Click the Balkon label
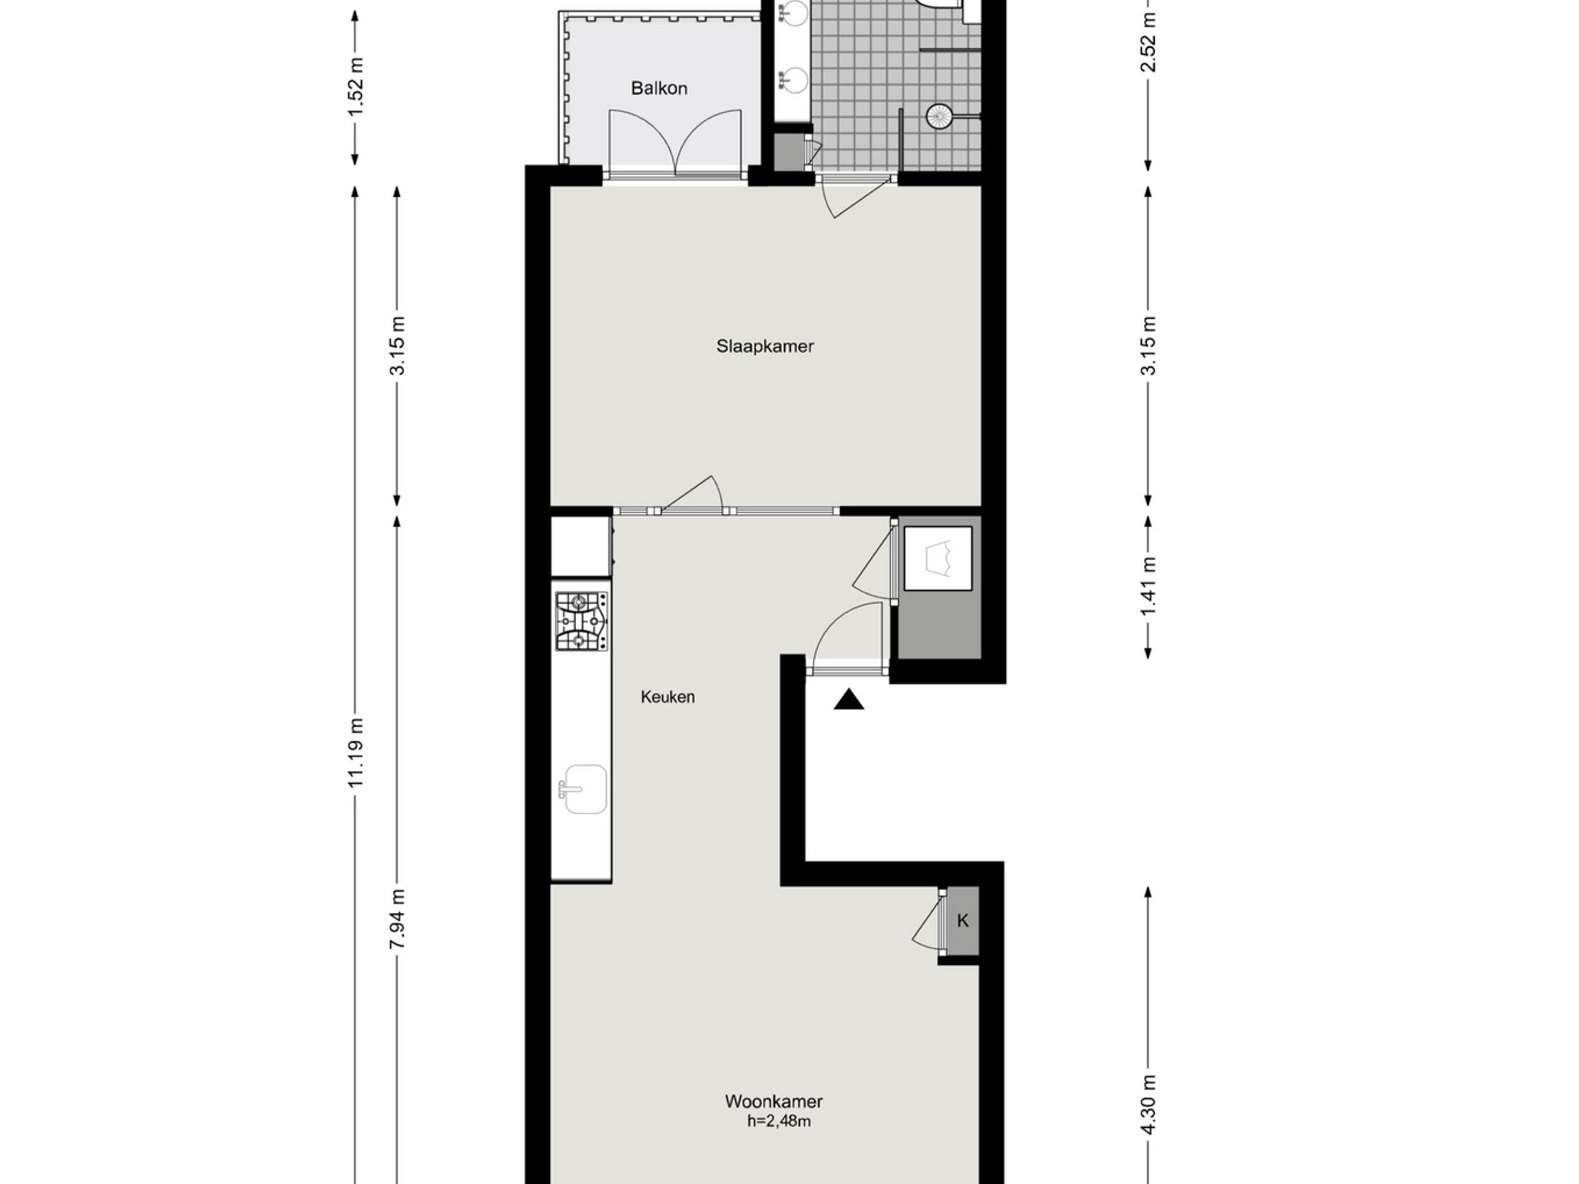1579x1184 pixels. [659, 89]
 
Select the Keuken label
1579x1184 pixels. [667, 697]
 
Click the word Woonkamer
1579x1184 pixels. [774, 1101]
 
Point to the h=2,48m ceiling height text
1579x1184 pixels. [779, 1121]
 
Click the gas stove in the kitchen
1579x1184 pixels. [582, 621]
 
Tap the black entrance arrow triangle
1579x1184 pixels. [849, 699]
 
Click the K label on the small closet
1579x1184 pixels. [962, 921]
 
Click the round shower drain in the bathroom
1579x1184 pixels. [939, 115]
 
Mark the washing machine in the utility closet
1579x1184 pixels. [938, 558]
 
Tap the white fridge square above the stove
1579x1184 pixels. [580, 547]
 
